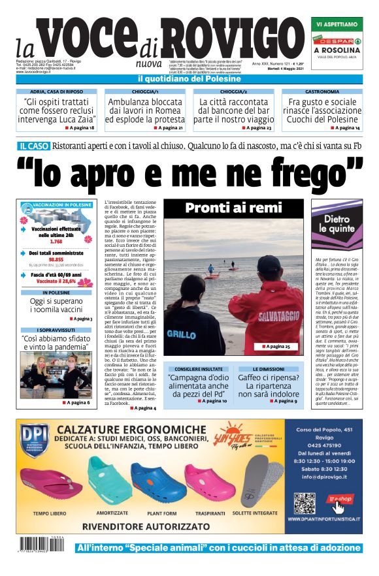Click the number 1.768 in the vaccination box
point(56,242)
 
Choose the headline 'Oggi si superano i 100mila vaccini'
point(56,306)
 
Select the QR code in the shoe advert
point(305,504)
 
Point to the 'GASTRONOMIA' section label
point(321,92)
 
